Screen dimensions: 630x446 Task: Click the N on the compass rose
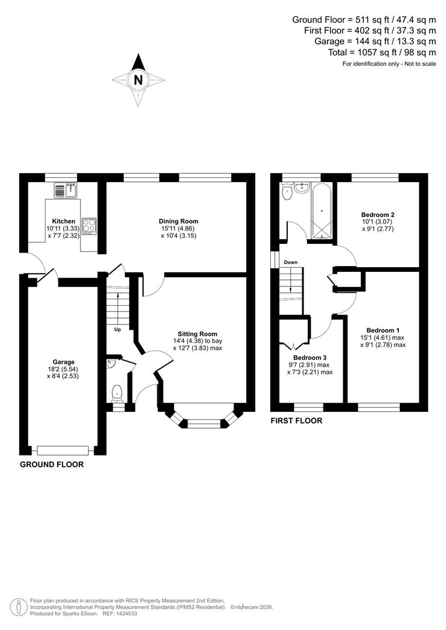pyautogui.click(x=138, y=80)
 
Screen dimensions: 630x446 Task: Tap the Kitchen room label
pyautogui.click(x=64, y=221)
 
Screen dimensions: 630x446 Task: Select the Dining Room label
pyautogui.click(x=178, y=221)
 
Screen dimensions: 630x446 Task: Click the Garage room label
pyautogui.click(x=63, y=362)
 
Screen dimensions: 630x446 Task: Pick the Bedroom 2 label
pyautogui.click(x=378, y=215)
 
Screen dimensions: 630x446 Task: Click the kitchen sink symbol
pyautogui.click(x=66, y=190)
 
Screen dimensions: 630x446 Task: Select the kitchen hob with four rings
pyautogui.click(x=89, y=226)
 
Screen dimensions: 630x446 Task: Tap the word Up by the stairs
pyautogui.click(x=117, y=330)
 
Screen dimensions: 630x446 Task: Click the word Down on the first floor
pyautogui.click(x=291, y=262)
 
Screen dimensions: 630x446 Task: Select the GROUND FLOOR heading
pyautogui.click(x=52, y=465)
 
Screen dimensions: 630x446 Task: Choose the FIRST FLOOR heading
pyautogui.click(x=296, y=420)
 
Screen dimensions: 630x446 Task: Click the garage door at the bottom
pyautogui.click(x=62, y=450)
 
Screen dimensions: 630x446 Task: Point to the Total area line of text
pyautogui.click(x=382, y=52)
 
